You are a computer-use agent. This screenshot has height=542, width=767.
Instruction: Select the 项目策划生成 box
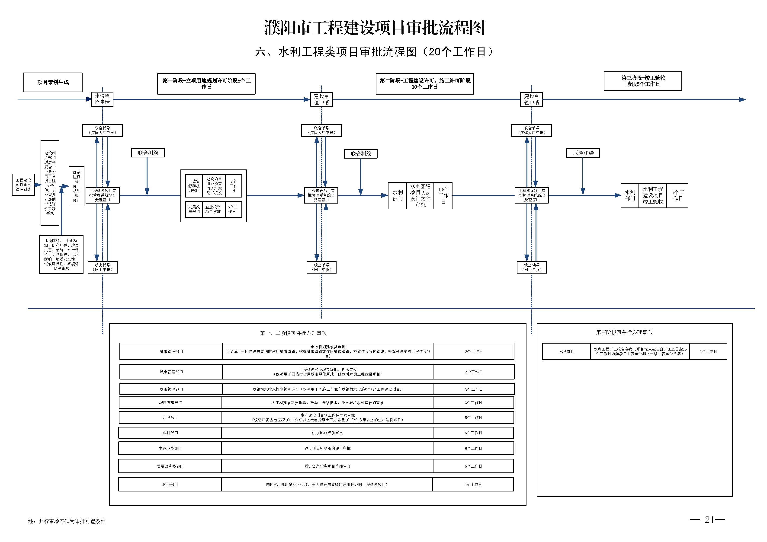[53, 82]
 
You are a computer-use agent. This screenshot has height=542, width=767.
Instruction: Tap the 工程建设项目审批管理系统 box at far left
[23, 185]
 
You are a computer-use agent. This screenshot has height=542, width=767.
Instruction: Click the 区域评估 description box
[61, 255]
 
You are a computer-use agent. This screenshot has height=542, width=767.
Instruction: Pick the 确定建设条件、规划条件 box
[77, 186]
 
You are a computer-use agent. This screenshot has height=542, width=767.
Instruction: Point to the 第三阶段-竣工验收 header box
[643, 81]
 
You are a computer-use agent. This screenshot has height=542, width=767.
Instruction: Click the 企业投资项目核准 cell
[213, 209]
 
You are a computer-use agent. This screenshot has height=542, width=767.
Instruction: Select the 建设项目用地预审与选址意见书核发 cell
[214, 186]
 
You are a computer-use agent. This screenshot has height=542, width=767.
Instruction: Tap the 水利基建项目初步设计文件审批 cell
[420, 196]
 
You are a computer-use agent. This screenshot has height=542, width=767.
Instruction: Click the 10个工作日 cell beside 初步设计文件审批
[443, 196]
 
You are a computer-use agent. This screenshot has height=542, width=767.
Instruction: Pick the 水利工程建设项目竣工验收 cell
[652, 196]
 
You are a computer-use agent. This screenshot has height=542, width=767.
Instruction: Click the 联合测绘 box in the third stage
[583, 153]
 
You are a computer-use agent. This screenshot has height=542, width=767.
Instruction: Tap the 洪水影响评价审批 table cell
[327, 433]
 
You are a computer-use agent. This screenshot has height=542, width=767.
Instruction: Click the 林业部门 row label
[170, 485]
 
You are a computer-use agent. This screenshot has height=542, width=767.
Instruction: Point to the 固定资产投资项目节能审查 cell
[327, 466]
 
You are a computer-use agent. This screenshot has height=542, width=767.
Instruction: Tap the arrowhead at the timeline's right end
[742, 99]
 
